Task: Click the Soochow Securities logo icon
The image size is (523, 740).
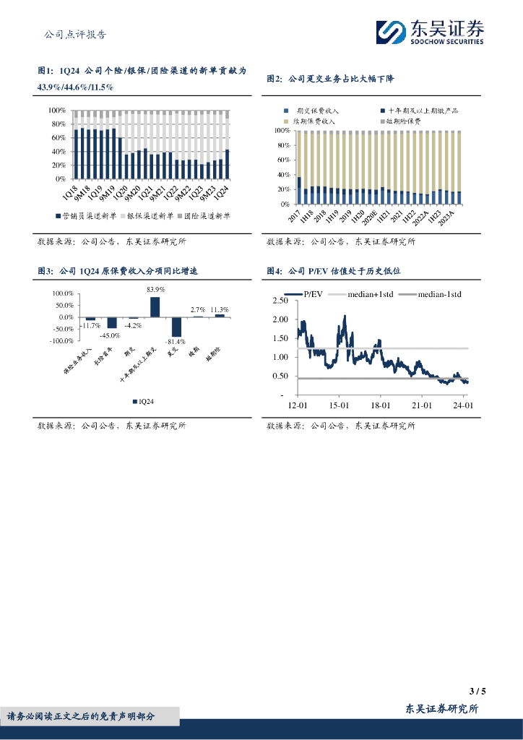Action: [392, 32]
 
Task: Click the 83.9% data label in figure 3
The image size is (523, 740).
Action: [155, 290]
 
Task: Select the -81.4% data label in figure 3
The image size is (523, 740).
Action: [175, 342]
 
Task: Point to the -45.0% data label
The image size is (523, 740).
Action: [110, 335]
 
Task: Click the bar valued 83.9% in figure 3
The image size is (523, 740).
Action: [155, 307]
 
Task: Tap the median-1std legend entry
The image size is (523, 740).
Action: [439, 294]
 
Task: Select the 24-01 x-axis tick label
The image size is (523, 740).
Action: [462, 405]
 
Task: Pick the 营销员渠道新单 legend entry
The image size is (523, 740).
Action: [85, 215]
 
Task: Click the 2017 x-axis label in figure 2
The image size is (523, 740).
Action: [293, 217]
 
